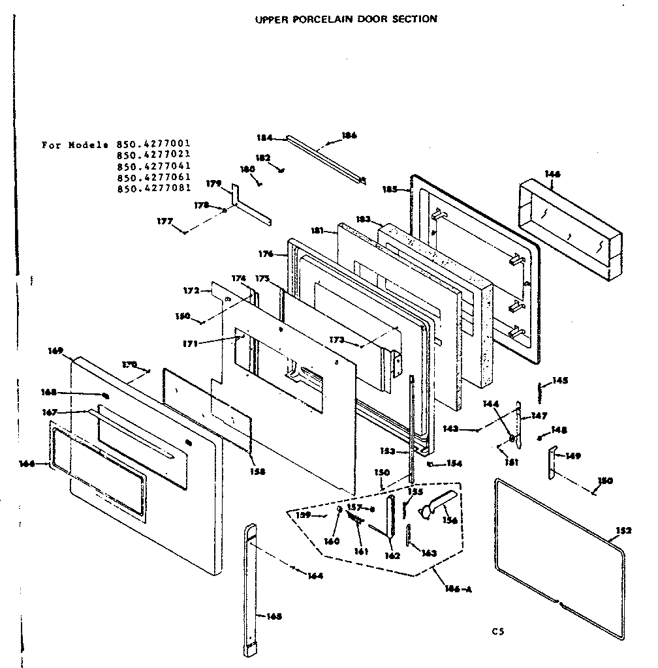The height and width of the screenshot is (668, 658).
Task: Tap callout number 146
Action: (x=552, y=174)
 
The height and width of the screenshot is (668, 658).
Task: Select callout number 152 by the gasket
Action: (x=624, y=530)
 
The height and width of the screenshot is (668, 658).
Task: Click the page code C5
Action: (x=499, y=631)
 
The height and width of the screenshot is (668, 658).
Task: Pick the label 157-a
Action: (x=361, y=508)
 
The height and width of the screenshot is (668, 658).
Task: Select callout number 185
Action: (x=390, y=189)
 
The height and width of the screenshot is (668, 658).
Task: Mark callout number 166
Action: (x=27, y=463)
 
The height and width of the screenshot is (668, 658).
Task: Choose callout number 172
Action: (x=191, y=290)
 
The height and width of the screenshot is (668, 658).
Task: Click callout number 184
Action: (x=264, y=138)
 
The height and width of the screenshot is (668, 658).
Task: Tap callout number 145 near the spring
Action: (x=560, y=380)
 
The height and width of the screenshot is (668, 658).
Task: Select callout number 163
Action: (x=428, y=553)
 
